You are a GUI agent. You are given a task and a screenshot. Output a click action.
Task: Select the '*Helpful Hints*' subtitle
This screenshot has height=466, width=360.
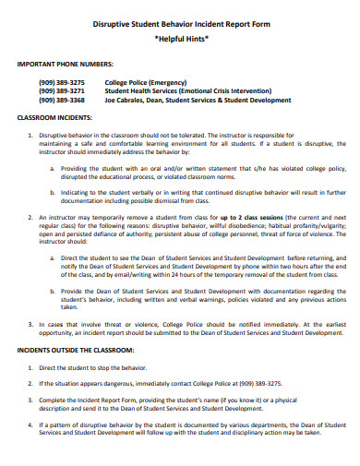coord(180,42)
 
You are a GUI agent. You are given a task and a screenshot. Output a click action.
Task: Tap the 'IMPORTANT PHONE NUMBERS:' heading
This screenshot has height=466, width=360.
coord(65,66)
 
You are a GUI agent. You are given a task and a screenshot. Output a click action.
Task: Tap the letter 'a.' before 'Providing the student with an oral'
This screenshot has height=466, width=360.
coord(51,169)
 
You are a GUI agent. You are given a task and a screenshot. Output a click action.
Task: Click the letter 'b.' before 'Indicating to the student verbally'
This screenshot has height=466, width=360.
coord(51,191)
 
